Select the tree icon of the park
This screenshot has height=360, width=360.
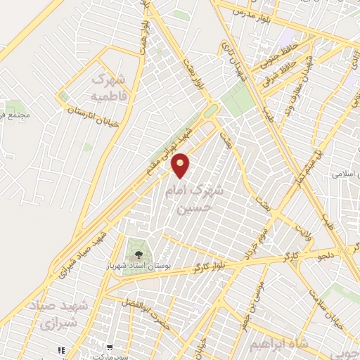pos(138,251)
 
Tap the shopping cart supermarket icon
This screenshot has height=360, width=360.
pos(110,347)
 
